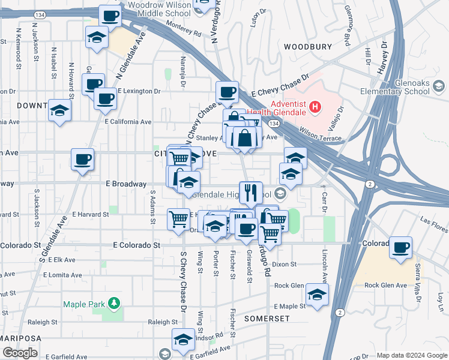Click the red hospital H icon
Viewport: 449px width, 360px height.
(315, 108)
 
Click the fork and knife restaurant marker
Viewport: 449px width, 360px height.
(250, 193)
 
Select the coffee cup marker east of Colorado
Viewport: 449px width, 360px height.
(400, 247)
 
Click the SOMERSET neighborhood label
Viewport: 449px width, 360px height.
(267, 318)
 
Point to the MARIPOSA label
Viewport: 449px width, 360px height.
(22, 338)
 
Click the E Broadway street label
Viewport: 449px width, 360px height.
(125, 184)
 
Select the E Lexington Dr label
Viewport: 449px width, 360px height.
(139, 91)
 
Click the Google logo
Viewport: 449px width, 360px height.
(20, 353)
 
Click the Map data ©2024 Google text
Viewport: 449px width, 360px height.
(411, 355)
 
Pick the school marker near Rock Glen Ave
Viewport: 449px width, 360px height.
(317, 293)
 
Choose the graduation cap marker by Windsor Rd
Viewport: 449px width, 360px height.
(183, 340)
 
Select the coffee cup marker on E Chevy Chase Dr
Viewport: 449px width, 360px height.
(227, 92)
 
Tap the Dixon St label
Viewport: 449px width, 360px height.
(285, 264)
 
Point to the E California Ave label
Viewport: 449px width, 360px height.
(127, 121)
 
